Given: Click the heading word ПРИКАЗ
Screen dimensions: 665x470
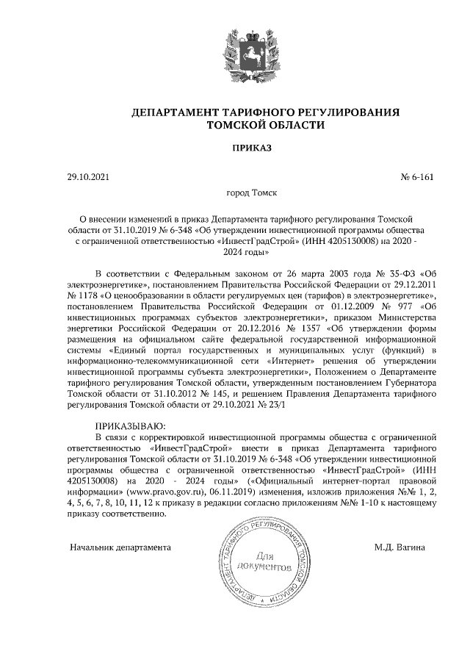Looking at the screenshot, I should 251,148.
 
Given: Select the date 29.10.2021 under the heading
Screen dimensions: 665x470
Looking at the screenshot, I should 87,177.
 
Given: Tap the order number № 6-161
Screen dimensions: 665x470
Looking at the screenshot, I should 417,177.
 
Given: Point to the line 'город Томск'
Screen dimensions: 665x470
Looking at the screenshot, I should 251,196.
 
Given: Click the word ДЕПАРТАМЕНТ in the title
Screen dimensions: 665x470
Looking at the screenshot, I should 174,112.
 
